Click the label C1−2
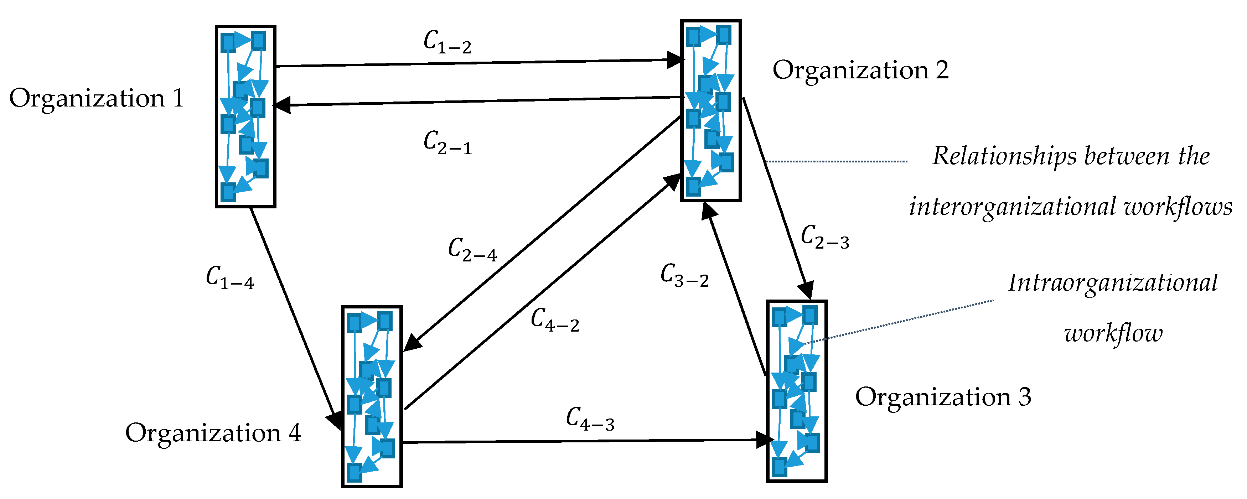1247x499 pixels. click(447, 43)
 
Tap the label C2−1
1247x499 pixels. click(447, 143)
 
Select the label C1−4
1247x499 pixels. click(229, 278)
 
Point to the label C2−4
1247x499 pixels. click(472, 250)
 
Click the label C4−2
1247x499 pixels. click(554, 321)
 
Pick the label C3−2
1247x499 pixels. click(684, 276)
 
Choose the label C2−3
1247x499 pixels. click(824, 238)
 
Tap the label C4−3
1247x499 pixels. click(590, 419)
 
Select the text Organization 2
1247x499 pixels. click(860, 71)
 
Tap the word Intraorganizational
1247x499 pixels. click(1112, 284)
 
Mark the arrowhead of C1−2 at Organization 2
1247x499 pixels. click(676, 61)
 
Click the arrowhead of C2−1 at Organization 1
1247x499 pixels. click(282, 105)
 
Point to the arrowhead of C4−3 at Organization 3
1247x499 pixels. click(765, 440)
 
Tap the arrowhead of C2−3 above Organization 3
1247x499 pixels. click(806, 290)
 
